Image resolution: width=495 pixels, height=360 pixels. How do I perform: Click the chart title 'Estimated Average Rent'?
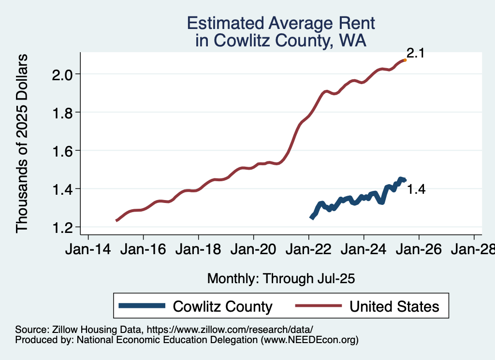(281, 23)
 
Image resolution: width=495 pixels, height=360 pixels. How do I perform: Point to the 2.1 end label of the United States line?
(415, 53)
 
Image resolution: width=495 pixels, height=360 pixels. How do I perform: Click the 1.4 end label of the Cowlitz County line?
(416, 189)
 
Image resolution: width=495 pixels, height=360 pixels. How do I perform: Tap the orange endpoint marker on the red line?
(405, 60)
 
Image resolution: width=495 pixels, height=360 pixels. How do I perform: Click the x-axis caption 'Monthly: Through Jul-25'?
(281, 279)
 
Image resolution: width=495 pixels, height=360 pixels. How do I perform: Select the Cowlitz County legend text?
(223, 306)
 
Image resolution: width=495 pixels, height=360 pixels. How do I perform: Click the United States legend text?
(394, 306)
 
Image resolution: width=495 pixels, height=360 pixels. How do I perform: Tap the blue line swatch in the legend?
(143, 306)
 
